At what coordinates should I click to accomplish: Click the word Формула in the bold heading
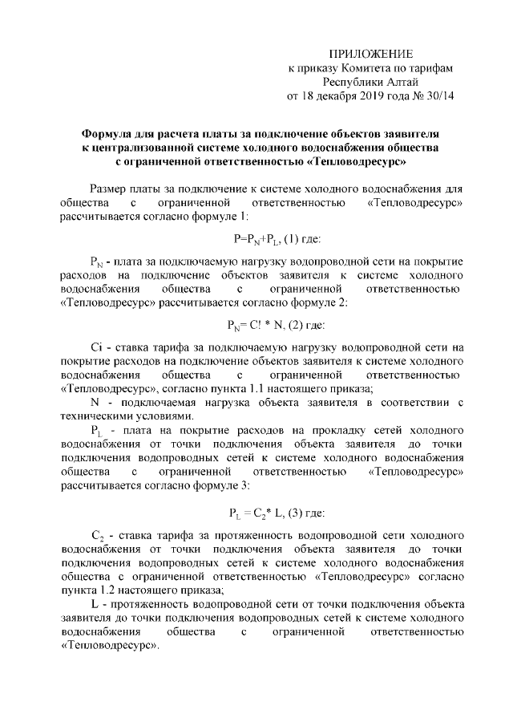(x=108, y=133)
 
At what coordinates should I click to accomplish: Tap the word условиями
(x=164, y=416)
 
